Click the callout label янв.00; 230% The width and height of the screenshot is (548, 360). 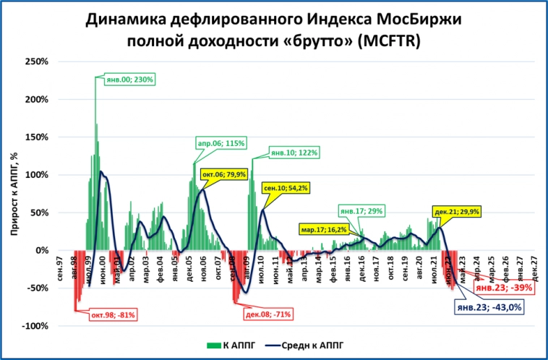[x=124, y=80]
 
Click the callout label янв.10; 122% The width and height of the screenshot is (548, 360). [x=294, y=153]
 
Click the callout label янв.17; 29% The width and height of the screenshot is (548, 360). [x=363, y=212]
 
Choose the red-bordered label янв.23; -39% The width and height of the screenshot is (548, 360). [x=504, y=287]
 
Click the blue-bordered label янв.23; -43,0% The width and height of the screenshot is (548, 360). [x=489, y=306]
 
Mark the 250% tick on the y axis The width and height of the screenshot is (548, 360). [x=35, y=61]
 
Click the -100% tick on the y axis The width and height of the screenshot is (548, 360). [x=34, y=326]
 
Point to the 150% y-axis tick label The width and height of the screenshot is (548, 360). [x=35, y=137]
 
